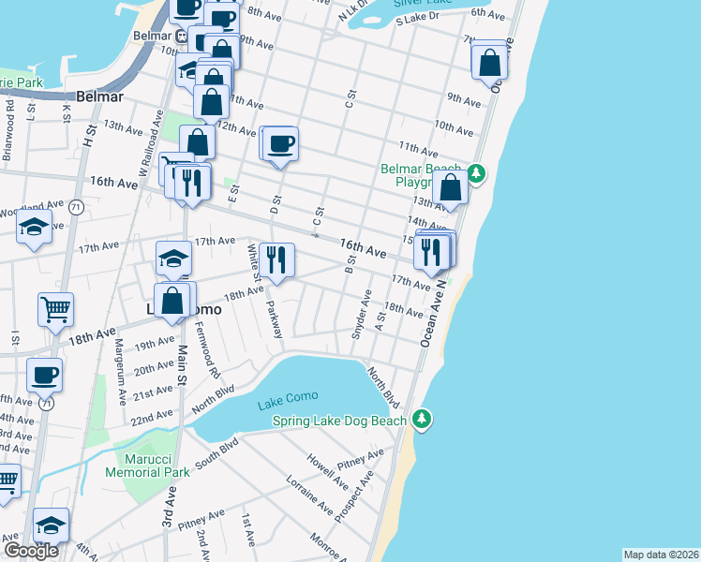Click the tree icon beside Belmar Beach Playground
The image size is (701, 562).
(x=476, y=172)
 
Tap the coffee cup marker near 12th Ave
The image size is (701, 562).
(x=280, y=143)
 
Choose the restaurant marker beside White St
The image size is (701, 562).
(x=276, y=259)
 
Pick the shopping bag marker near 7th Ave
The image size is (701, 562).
(x=489, y=63)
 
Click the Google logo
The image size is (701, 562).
(x=30, y=551)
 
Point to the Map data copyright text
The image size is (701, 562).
(x=661, y=555)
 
